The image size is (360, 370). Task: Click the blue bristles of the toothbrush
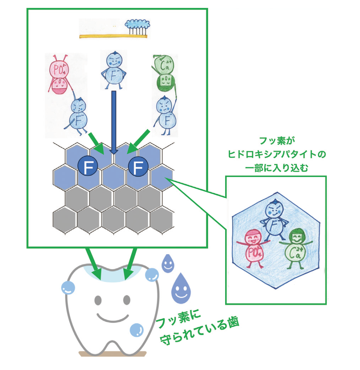point(138,24)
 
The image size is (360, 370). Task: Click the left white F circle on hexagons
point(87,167)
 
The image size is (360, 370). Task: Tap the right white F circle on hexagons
point(138,167)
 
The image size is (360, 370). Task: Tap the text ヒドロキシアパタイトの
point(277,154)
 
